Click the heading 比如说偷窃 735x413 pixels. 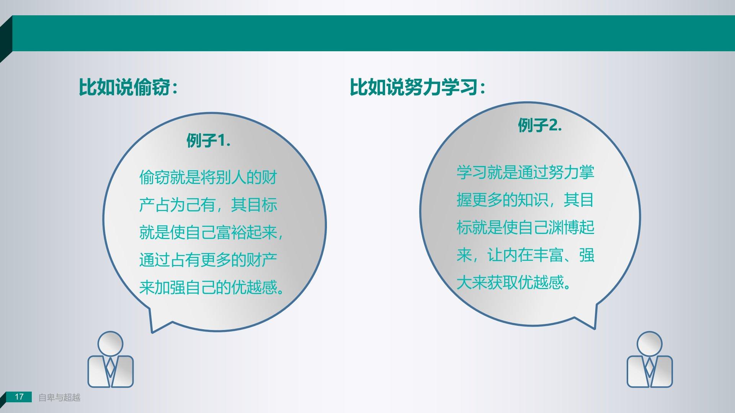[x=124, y=87]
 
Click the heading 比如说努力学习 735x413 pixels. [x=414, y=87]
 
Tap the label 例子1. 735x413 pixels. [x=208, y=141]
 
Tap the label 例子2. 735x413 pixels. [x=540, y=125]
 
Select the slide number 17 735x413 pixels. [x=19, y=397]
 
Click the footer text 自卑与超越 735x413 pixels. [x=59, y=398]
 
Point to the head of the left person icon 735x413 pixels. [x=111, y=344]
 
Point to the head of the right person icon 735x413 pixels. [x=650, y=344]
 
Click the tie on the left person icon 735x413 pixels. [x=111, y=367]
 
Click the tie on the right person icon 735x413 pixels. [x=650, y=367]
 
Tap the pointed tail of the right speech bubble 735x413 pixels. [x=595, y=328]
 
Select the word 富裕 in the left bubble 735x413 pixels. [x=231, y=233]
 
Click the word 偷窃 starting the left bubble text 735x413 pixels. [x=154, y=177]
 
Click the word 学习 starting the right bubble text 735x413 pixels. [x=472, y=172]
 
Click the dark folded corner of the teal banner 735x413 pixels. [x=5, y=38]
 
